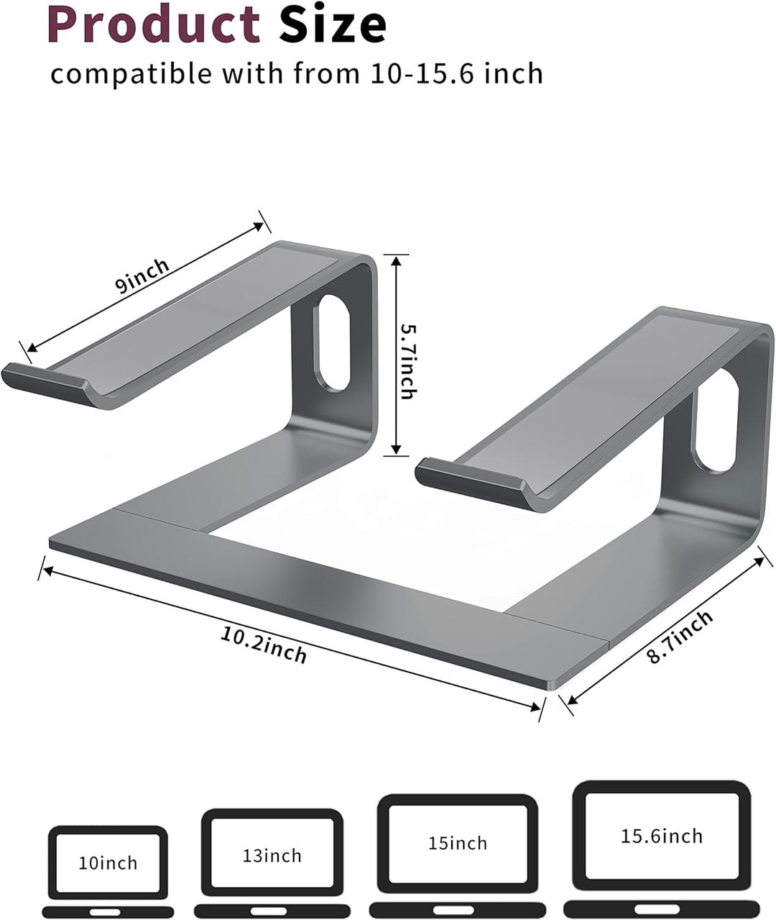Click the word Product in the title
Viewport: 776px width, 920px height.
tap(153, 23)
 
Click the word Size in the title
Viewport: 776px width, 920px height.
tap(333, 23)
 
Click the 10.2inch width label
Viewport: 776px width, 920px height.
tap(264, 645)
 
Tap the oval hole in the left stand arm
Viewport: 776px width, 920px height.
tap(333, 342)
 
